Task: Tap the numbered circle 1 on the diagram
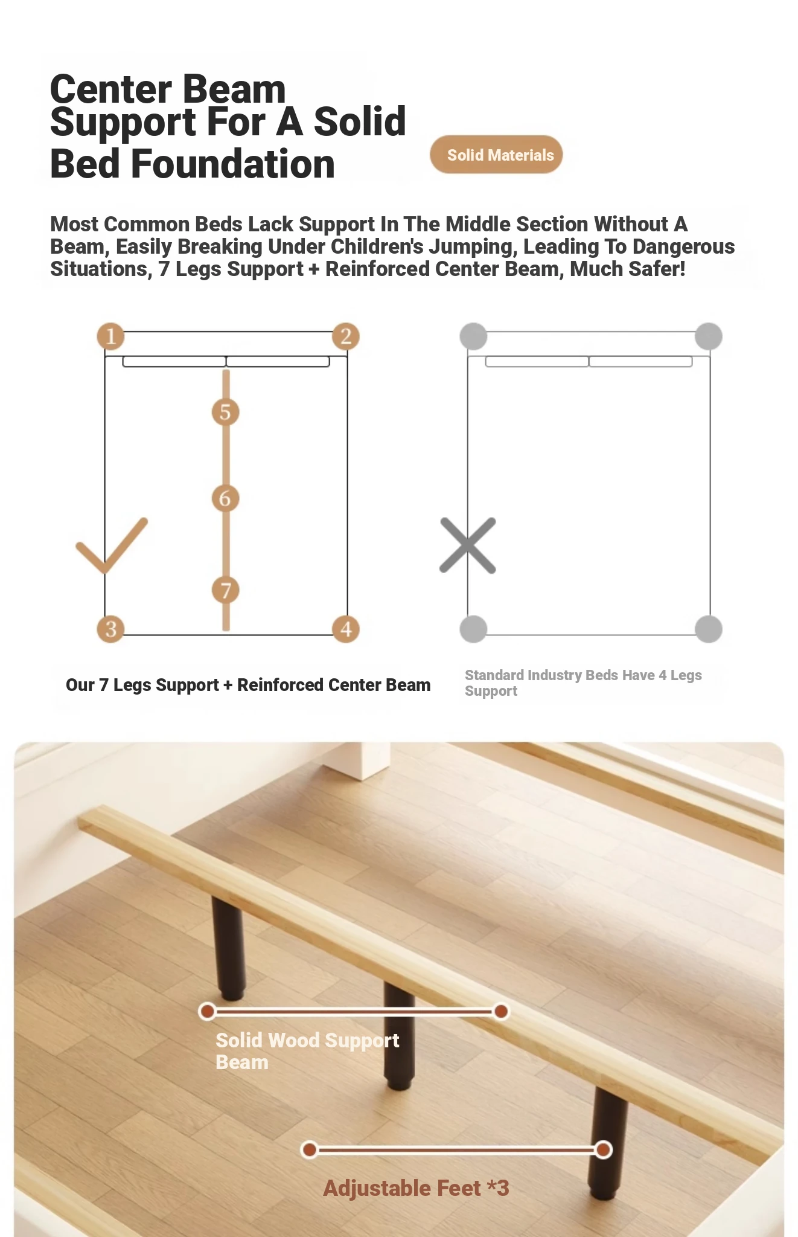110,336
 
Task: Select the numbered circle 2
346,336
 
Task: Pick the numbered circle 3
110,629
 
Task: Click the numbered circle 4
346,629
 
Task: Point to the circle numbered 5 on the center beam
225,412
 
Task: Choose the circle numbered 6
225,498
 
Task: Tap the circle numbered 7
225,590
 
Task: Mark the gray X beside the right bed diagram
468,545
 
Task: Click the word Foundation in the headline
233,164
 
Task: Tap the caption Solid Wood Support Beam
307,1050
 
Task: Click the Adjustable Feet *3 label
416,1188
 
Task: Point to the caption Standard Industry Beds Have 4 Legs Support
583,683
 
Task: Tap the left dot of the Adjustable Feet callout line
309,1149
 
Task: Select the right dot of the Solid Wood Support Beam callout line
500,1011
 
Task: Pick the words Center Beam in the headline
168,89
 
